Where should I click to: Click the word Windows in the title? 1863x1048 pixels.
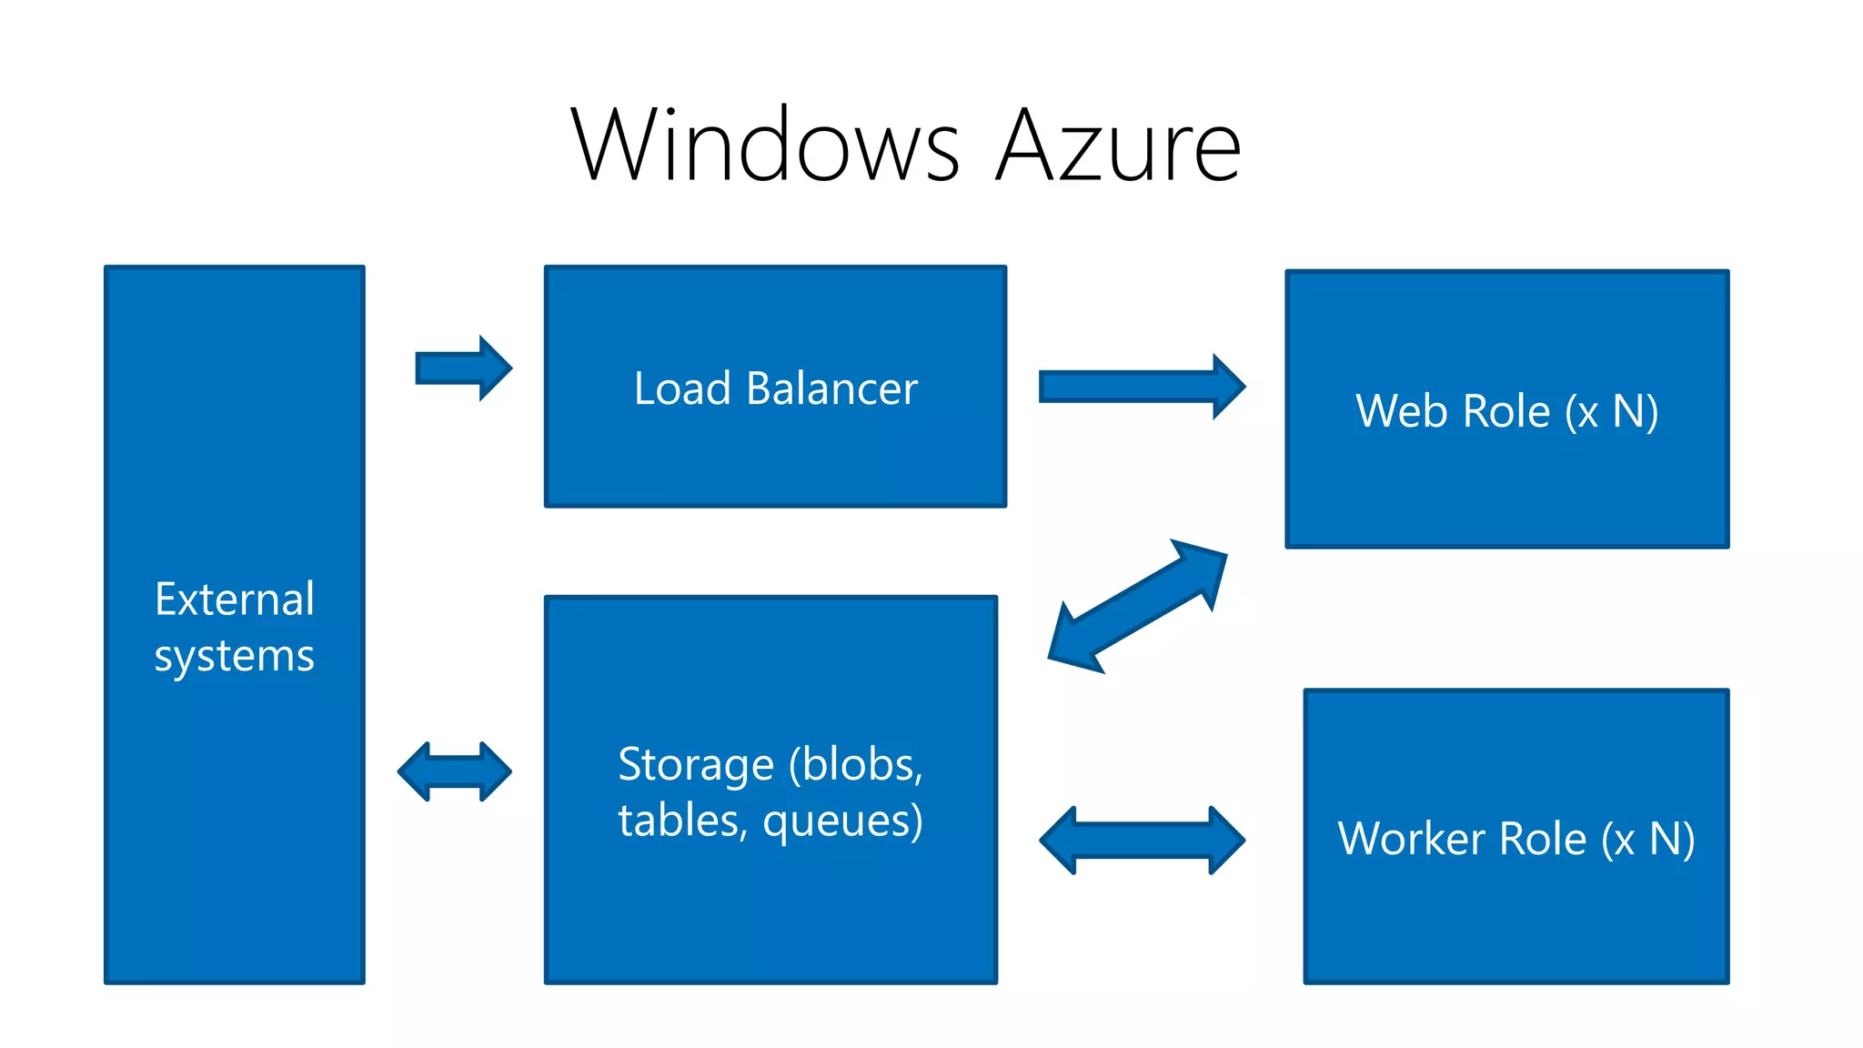tap(764, 146)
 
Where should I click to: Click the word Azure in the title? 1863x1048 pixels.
tap(1119, 146)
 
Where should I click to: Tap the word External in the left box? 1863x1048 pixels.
tap(235, 600)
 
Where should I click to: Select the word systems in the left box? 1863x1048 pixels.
tap(235, 656)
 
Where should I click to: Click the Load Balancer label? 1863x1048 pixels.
tap(775, 388)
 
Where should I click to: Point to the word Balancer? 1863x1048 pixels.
tap(831, 388)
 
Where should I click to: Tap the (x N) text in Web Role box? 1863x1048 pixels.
tap(1611, 411)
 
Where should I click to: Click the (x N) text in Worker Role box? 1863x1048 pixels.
tap(1647, 839)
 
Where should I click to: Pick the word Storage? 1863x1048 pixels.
tap(696, 764)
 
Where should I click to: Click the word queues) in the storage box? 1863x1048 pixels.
tap(842, 821)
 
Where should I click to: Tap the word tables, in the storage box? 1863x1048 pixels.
tap(682, 821)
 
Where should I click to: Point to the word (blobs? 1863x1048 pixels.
tap(855, 764)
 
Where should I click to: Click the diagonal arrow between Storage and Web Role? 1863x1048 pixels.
tap(1137, 606)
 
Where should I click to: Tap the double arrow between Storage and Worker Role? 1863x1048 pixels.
tap(1142, 840)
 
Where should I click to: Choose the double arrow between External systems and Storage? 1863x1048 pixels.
tap(455, 771)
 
